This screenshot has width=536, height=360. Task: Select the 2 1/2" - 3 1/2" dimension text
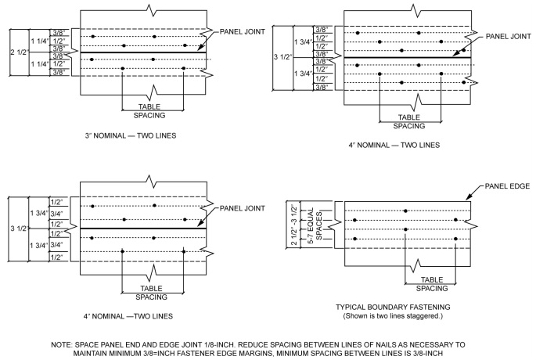click(x=293, y=225)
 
